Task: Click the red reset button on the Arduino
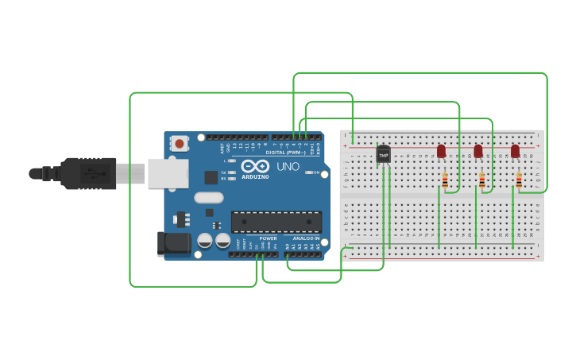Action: (180, 144)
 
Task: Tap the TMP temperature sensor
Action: (384, 155)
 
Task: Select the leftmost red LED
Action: (442, 150)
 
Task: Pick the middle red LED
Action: (478, 150)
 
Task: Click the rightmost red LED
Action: (515, 150)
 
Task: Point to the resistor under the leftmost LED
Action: (445, 181)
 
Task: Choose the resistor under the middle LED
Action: (481, 181)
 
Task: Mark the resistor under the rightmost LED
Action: (519, 181)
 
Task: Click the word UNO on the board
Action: (287, 167)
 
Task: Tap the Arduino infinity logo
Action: (256, 167)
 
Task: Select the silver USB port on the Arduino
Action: (167, 173)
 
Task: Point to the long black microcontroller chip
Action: (276, 223)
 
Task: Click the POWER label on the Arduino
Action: (269, 238)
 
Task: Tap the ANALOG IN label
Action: (306, 238)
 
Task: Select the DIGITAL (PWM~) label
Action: (286, 152)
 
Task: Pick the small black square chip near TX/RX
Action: (211, 177)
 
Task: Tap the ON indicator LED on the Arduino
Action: (317, 172)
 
